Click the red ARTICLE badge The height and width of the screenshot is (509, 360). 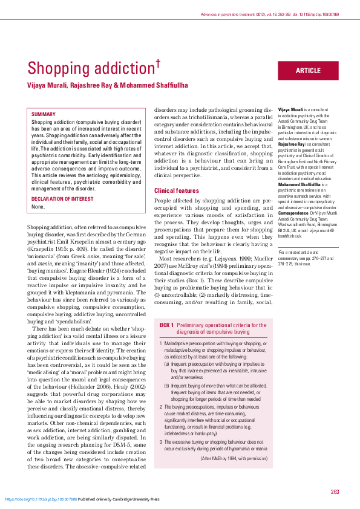click(x=308, y=71)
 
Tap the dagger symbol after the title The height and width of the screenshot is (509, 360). click(x=159, y=61)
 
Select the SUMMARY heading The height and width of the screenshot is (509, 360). click(x=44, y=114)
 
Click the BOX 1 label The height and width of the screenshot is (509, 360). click(x=167, y=325)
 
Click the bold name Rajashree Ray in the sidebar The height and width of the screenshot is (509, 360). click(x=292, y=144)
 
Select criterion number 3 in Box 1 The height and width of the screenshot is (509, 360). click(x=161, y=443)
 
